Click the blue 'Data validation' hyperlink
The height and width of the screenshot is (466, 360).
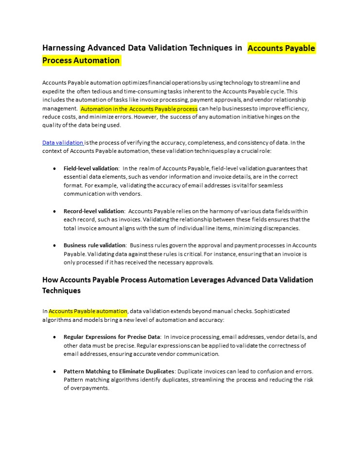(x=63, y=143)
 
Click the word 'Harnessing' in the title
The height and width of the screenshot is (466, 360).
(x=64, y=48)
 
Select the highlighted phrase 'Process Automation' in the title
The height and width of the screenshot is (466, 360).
(x=81, y=61)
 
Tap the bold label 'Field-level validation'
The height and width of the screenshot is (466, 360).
(x=91, y=168)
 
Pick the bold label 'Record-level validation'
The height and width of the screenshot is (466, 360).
(x=94, y=211)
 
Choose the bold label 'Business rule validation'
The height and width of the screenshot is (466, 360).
(x=95, y=246)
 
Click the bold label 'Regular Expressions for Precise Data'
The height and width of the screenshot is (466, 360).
(x=112, y=337)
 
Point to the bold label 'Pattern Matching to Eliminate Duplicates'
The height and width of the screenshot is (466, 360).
(x=119, y=371)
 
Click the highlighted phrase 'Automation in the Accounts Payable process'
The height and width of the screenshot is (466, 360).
(x=139, y=109)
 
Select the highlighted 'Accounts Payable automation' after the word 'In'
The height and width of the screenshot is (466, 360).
(x=88, y=311)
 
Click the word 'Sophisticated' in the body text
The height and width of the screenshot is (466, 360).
(x=272, y=311)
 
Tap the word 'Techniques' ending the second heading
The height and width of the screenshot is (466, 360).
(x=61, y=291)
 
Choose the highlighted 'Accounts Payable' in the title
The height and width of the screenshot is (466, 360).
(x=281, y=49)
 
